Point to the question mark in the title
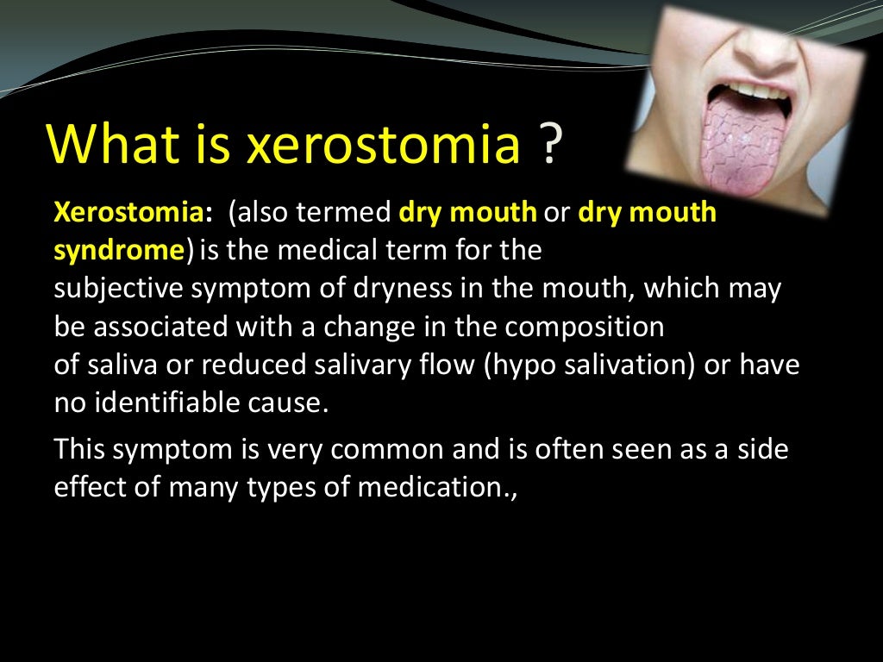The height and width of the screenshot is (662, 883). point(550,144)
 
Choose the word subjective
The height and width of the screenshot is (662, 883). point(119,289)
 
